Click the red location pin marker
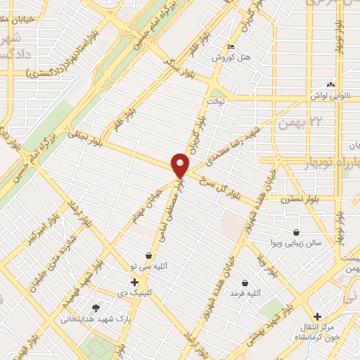pos(180,166)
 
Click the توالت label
pos(214,101)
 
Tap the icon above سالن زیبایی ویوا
pos(297,232)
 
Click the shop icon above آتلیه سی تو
pos(148,255)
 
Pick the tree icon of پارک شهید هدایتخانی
pos(96,307)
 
